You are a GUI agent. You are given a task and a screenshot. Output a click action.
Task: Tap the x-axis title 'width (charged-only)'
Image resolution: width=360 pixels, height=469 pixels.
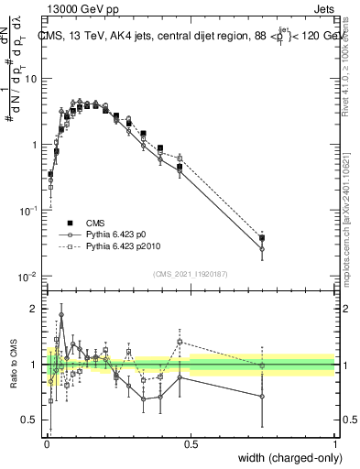click(285, 456)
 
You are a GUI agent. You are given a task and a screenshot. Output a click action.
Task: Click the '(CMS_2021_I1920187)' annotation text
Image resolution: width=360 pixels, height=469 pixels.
click(190, 273)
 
